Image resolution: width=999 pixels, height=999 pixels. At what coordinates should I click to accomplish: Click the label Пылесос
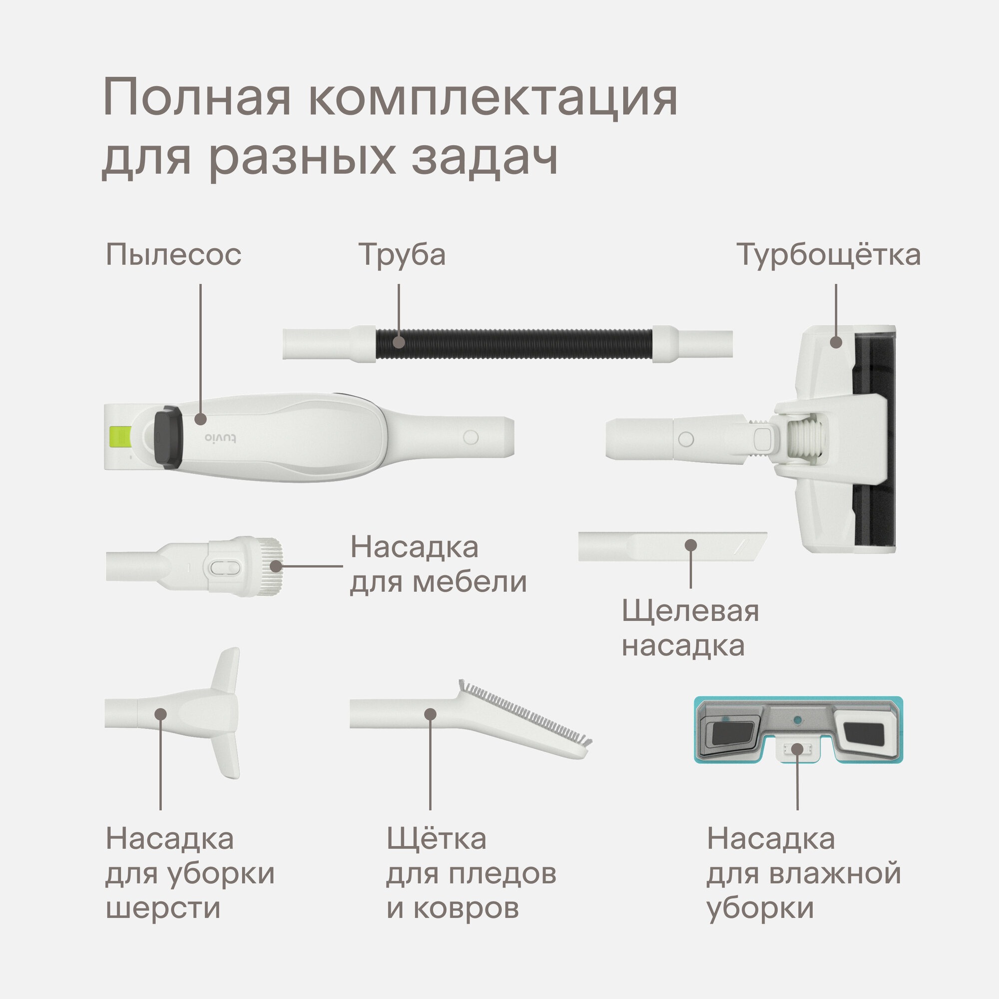[174, 255]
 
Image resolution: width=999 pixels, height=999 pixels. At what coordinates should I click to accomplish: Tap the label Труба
[402, 255]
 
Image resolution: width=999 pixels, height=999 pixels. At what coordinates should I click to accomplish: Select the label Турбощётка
[828, 255]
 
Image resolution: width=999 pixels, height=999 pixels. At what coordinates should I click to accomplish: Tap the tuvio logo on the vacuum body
[220, 438]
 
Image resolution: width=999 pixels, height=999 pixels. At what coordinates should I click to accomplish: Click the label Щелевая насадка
[690, 628]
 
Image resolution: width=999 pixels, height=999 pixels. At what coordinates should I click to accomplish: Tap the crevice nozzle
[672, 546]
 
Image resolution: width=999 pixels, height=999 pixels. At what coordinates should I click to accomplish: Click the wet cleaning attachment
[798, 730]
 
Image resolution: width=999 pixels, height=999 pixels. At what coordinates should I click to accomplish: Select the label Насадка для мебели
[439, 564]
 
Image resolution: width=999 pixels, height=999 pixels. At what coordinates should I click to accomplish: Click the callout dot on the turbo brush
[836, 342]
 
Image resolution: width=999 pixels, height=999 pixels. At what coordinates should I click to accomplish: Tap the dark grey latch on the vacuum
[168, 437]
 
